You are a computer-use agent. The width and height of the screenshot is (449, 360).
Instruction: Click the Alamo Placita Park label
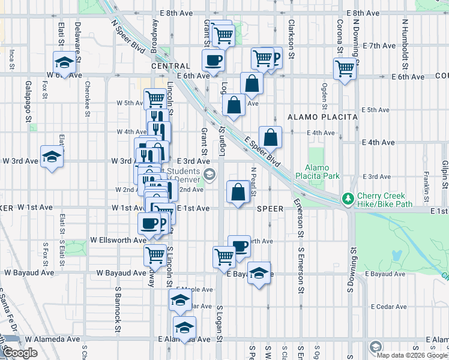pyautogui.click(x=322, y=172)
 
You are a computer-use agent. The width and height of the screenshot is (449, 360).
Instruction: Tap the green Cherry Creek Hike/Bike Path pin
pyautogui.click(x=346, y=198)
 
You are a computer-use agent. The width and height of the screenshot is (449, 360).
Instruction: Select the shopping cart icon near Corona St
pyautogui.click(x=345, y=68)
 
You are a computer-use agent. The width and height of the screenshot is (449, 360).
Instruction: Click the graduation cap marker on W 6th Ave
pyautogui.click(x=63, y=62)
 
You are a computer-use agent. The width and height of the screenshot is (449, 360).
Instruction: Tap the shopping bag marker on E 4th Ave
pyautogui.click(x=271, y=137)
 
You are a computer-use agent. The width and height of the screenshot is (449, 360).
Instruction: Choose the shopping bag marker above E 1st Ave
pyautogui.click(x=238, y=193)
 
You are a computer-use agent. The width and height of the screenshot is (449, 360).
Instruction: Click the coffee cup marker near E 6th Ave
pyautogui.click(x=214, y=60)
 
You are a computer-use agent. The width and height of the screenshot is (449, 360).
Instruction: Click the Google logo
pyautogui.click(x=20, y=353)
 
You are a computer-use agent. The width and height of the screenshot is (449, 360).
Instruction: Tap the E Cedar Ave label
pyautogui.click(x=389, y=307)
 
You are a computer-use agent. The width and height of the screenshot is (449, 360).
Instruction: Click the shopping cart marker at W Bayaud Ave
pyautogui.click(x=155, y=254)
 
